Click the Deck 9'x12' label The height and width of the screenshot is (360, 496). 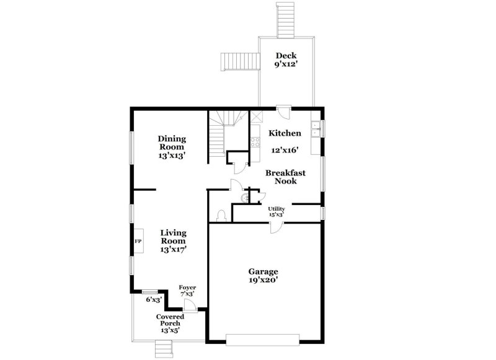point(287,59)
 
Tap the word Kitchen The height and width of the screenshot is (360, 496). point(285,133)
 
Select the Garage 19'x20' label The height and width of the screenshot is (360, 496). point(263,276)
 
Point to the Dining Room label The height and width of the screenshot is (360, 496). point(172,147)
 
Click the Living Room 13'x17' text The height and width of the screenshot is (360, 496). point(174,241)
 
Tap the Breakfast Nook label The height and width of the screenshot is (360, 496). point(281,177)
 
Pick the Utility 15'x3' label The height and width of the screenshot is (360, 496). point(277,211)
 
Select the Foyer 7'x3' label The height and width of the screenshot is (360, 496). point(187,291)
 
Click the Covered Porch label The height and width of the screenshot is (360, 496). point(170,323)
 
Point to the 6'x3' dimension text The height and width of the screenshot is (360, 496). point(154,300)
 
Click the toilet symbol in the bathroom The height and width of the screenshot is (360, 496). point(221,214)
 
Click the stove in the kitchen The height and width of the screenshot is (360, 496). point(255,143)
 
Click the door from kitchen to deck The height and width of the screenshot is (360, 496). point(283,113)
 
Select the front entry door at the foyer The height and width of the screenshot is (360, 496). point(192,306)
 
